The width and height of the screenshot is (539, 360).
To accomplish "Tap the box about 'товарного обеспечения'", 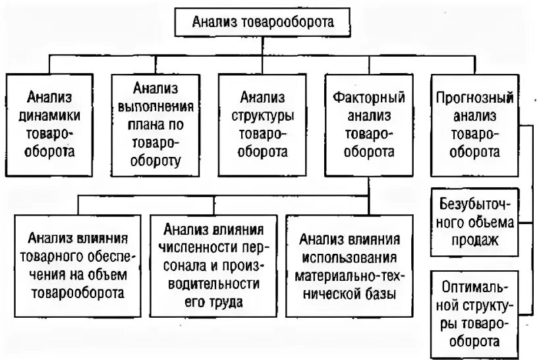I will (77, 264).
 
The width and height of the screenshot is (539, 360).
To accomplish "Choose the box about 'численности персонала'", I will (213, 264).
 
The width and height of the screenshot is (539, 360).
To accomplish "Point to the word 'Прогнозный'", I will (474, 98).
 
